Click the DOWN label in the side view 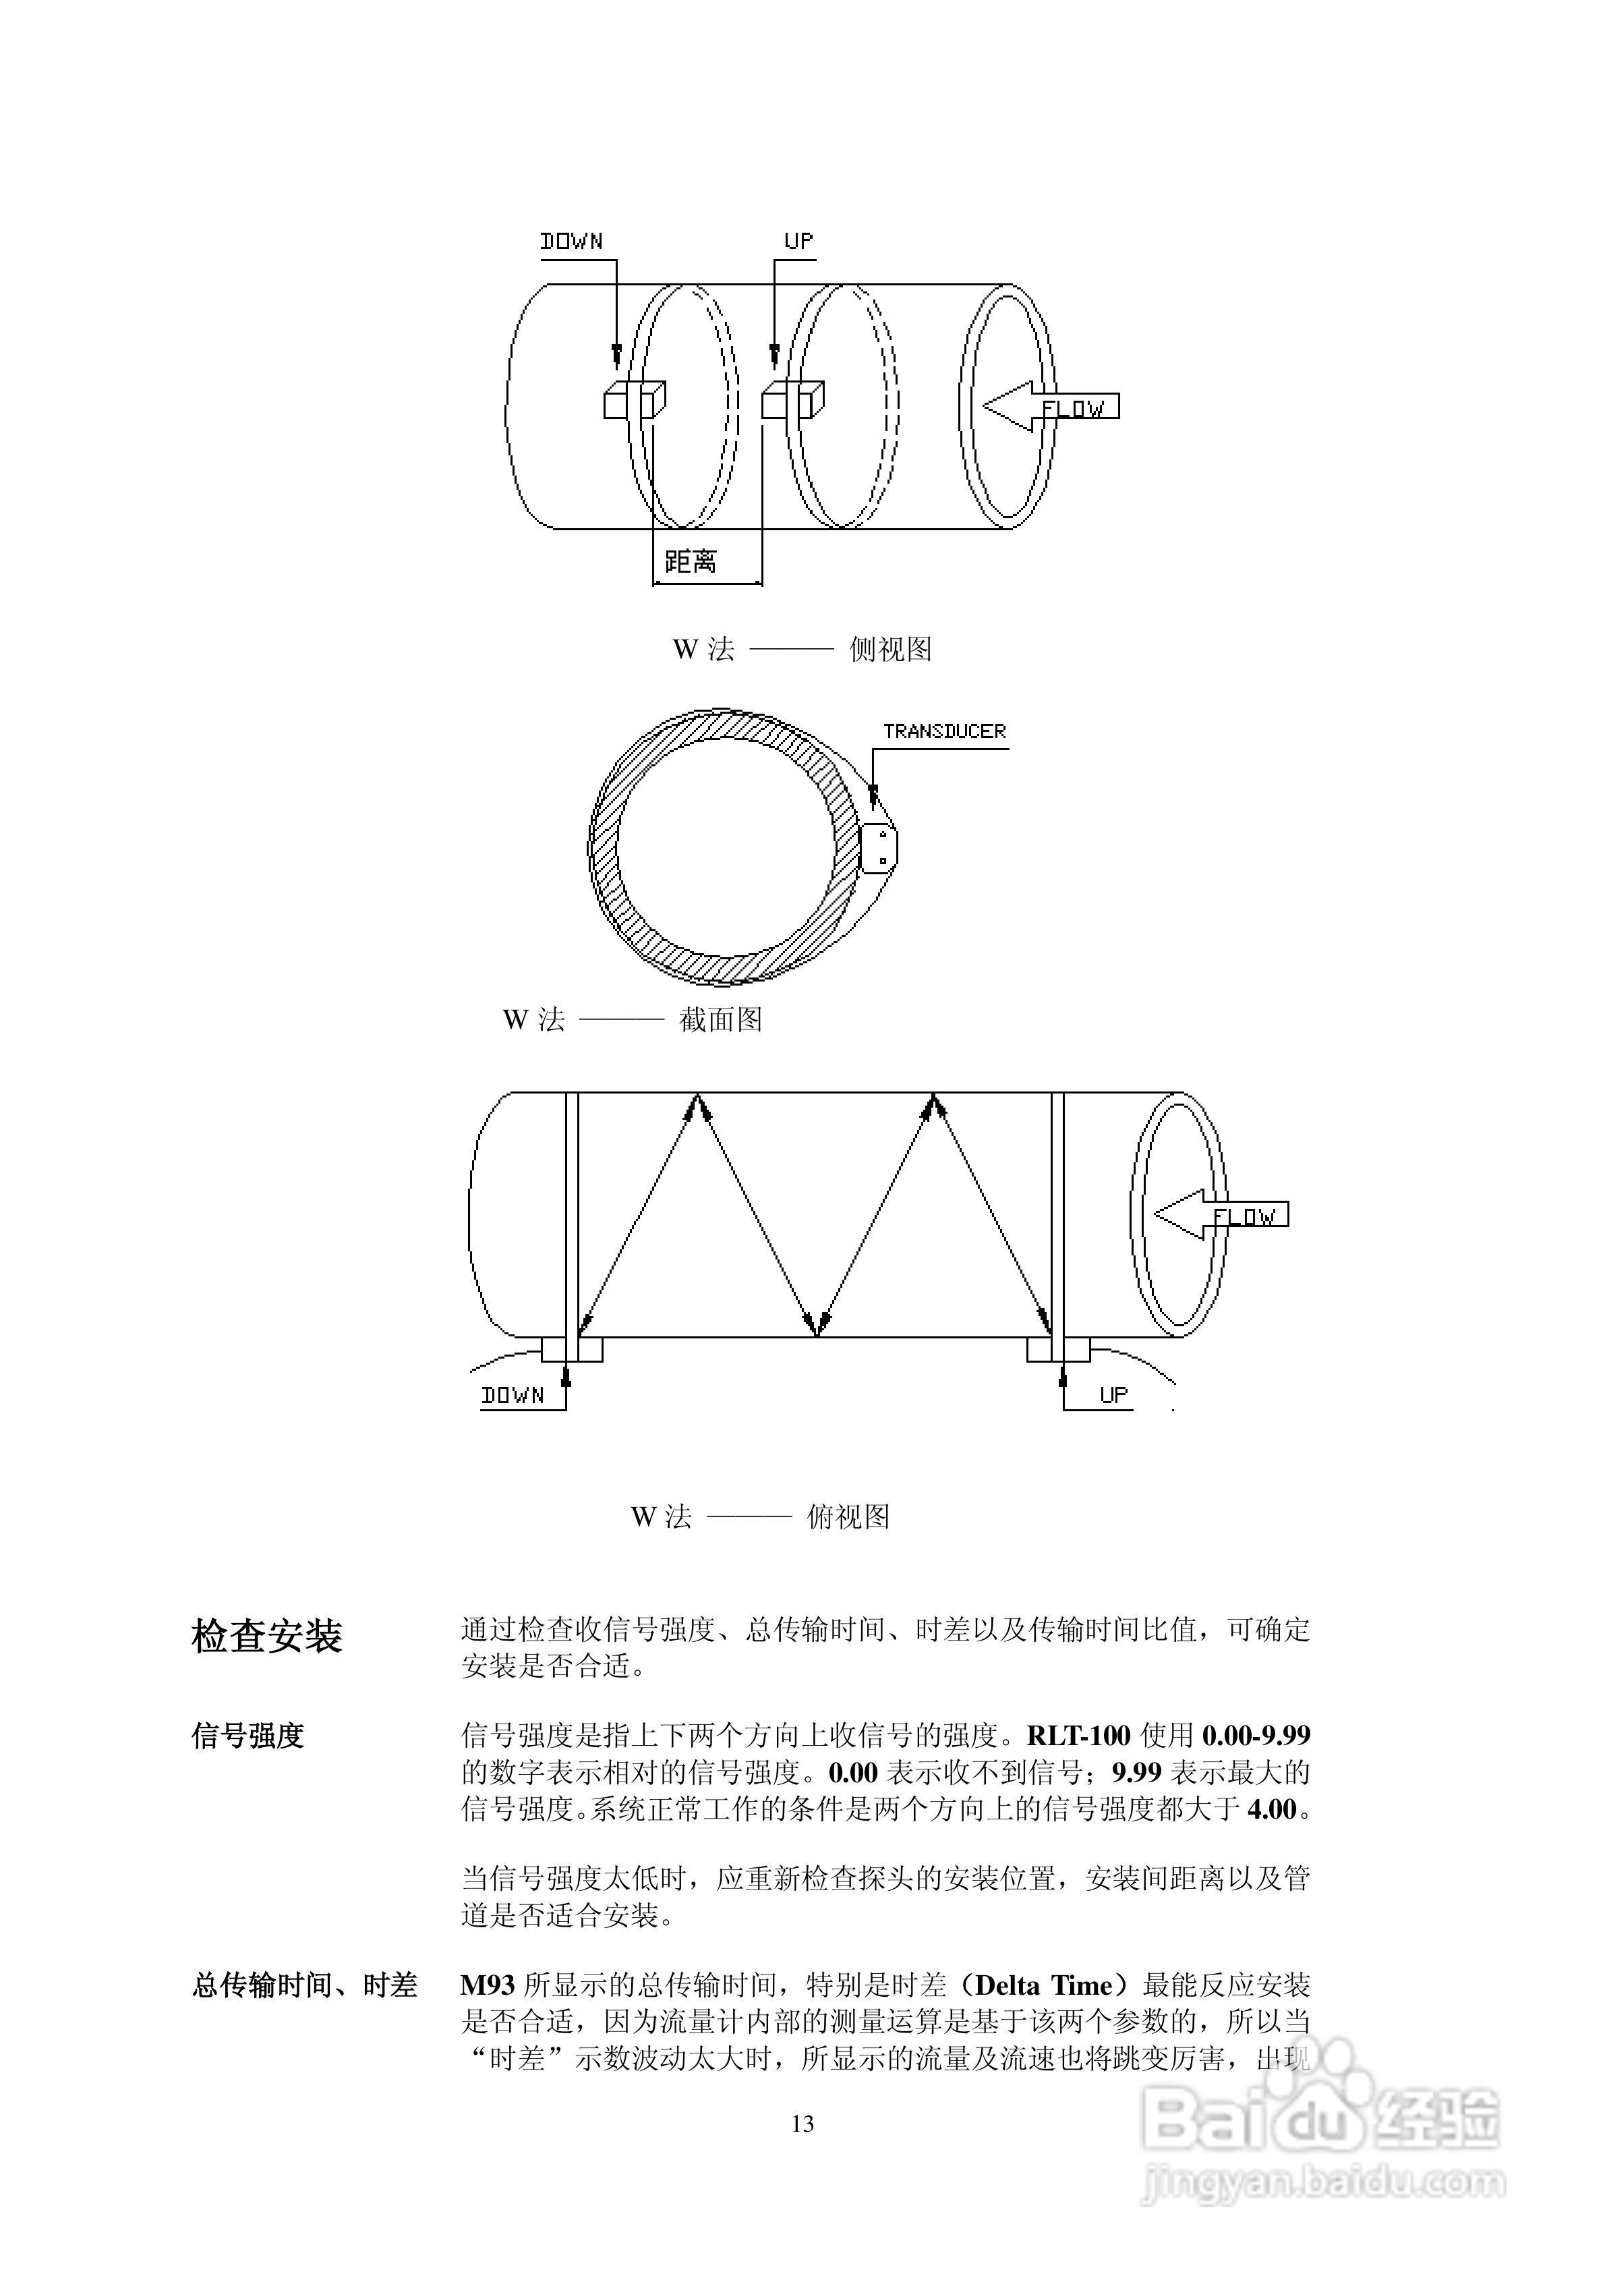(x=571, y=242)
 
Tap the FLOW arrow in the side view (x=1051, y=407)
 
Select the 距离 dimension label (x=691, y=562)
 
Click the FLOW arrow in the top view (x=1221, y=1215)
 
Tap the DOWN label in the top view (x=513, y=1395)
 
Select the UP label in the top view (x=1113, y=1394)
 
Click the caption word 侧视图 (x=891, y=649)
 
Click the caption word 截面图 (x=720, y=1019)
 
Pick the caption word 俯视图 (x=848, y=1517)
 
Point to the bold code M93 (x=487, y=1985)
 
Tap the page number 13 (x=802, y=2124)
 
